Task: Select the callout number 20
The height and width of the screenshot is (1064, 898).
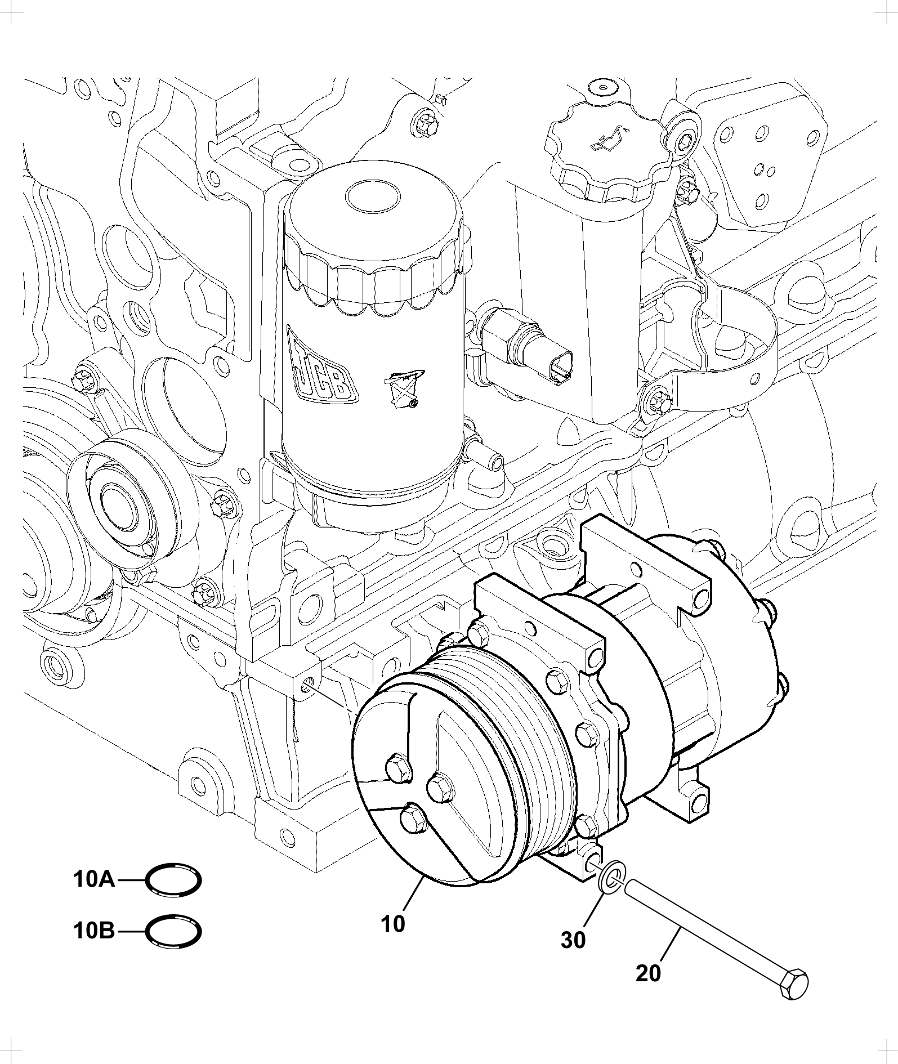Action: click(x=648, y=973)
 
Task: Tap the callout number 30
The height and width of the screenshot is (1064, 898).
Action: click(x=573, y=940)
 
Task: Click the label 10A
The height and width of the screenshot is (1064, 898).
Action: click(x=94, y=879)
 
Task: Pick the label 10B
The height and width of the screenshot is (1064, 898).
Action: click(x=94, y=932)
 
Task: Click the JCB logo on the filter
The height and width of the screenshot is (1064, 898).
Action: click(x=320, y=364)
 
